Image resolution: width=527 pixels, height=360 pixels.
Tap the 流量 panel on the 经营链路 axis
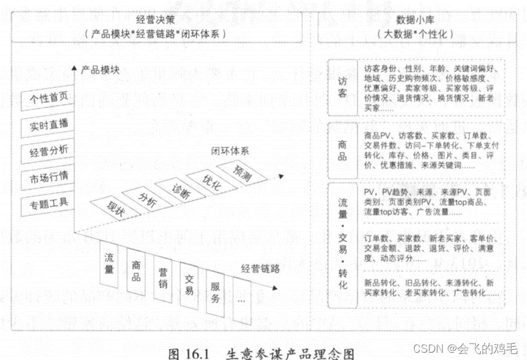point(109,263)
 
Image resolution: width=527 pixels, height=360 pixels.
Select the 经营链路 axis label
point(260,267)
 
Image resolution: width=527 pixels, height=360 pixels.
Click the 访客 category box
point(342,88)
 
